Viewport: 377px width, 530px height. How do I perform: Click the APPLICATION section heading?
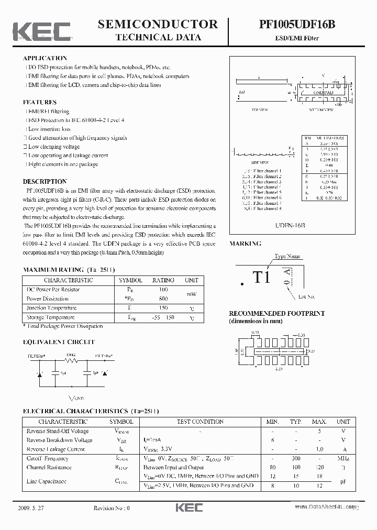(45, 58)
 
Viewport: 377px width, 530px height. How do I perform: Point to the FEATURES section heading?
(40, 102)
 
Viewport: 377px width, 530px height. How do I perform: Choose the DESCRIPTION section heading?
(45, 181)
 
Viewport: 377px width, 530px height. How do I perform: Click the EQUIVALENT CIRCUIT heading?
(59, 342)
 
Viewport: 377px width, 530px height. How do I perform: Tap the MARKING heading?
(245, 244)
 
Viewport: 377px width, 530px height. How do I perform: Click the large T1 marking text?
(262, 278)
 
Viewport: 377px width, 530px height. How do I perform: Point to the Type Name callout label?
(287, 257)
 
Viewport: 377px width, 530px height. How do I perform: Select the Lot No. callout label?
(306, 297)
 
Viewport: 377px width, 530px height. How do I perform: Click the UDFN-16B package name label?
(290, 224)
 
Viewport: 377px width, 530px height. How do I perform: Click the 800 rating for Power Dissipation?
(163, 299)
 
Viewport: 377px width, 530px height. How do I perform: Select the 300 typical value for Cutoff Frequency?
(296, 458)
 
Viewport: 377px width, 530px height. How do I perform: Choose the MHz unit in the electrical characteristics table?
(343, 458)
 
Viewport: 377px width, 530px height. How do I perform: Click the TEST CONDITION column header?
(200, 422)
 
